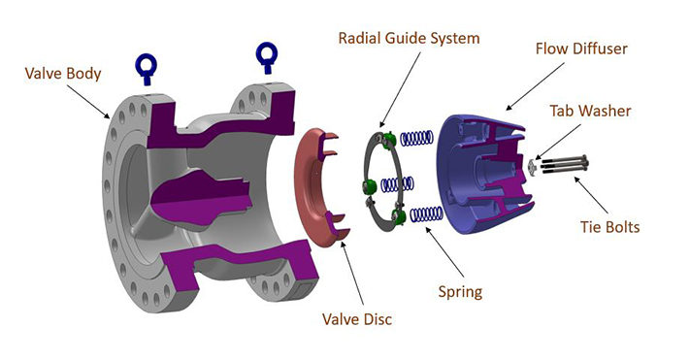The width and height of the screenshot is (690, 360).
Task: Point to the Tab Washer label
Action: [590, 111]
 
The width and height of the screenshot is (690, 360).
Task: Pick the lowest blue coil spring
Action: [428, 213]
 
